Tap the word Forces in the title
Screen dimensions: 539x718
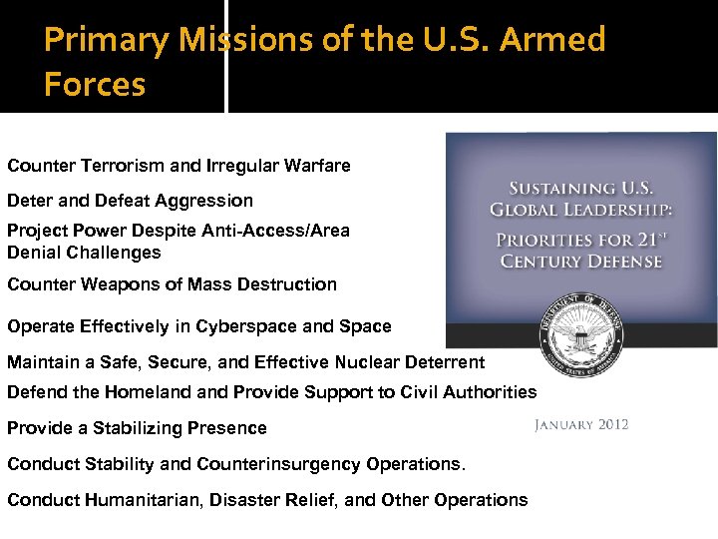[x=95, y=85]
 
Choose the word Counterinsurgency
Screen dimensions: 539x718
[x=280, y=464]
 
